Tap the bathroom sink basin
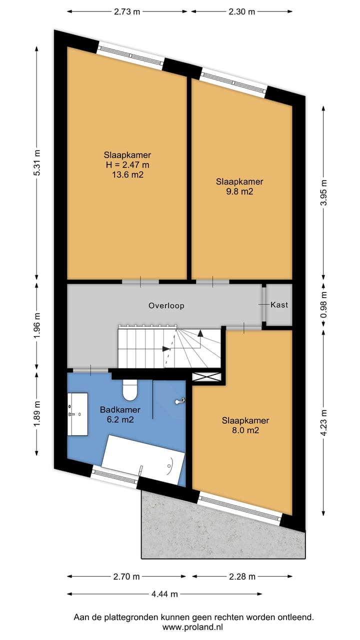pyautogui.click(x=77, y=414)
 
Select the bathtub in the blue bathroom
pyautogui.click(x=143, y=459)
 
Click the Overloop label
pyautogui.click(x=166, y=305)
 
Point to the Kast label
pyautogui.click(x=279, y=305)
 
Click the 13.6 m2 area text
pyautogui.click(x=127, y=174)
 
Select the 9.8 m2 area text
pyautogui.click(x=239, y=191)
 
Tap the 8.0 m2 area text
pyautogui.click(x=245, y=430)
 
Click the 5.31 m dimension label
pyautogui.click(x=37, y=163)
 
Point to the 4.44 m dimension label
pyautogui.click(x=164, y=594)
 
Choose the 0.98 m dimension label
pyautogui.click(x=323, y=304)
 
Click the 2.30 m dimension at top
pyautogui.click(x=241, y=11)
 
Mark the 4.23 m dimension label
pyautogui.click(x=323, y=423)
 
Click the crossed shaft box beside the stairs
pyautogui.click(x=206, y=377)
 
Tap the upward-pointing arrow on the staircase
pyautogui.click(x=200, y=333)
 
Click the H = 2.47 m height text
pyautogui.click(x=127, y=165)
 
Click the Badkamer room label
pyautogui.click(x=120, y=409)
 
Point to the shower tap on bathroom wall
pyautogui.click(x=180, y=401)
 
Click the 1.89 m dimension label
pyautogui.click(x=37, y=414)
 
